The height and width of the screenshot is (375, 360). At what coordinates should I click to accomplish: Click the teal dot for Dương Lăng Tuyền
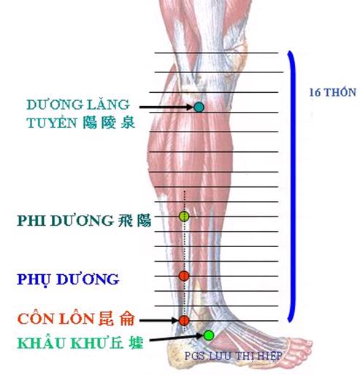point(199,107)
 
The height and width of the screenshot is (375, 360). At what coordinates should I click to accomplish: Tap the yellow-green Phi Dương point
point(184,216)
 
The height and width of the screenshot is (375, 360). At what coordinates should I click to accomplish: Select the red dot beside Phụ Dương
point(184,276)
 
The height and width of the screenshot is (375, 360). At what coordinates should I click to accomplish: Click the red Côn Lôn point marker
point(184,321)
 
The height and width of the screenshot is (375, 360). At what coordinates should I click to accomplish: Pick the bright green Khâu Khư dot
point(209,336)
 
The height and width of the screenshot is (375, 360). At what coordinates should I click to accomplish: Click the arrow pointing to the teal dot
point(166,107)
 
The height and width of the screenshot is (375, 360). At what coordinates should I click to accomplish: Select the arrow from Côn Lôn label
point(159,321)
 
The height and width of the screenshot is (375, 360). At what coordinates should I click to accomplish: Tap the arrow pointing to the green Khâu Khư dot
point(176,338)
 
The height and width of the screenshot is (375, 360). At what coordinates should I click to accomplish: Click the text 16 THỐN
point(332,92)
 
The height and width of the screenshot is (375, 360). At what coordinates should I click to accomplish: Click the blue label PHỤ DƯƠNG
point(68,280)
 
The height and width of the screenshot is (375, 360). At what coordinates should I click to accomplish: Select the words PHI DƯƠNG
point(65,220)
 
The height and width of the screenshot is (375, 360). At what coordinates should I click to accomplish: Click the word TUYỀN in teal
point(52,122)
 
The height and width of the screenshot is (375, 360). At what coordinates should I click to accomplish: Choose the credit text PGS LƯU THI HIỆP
point(233,356)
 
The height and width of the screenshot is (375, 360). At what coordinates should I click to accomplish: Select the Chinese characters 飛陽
point(134,221)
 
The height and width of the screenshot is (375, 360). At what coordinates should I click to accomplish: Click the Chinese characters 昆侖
point(116,319)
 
